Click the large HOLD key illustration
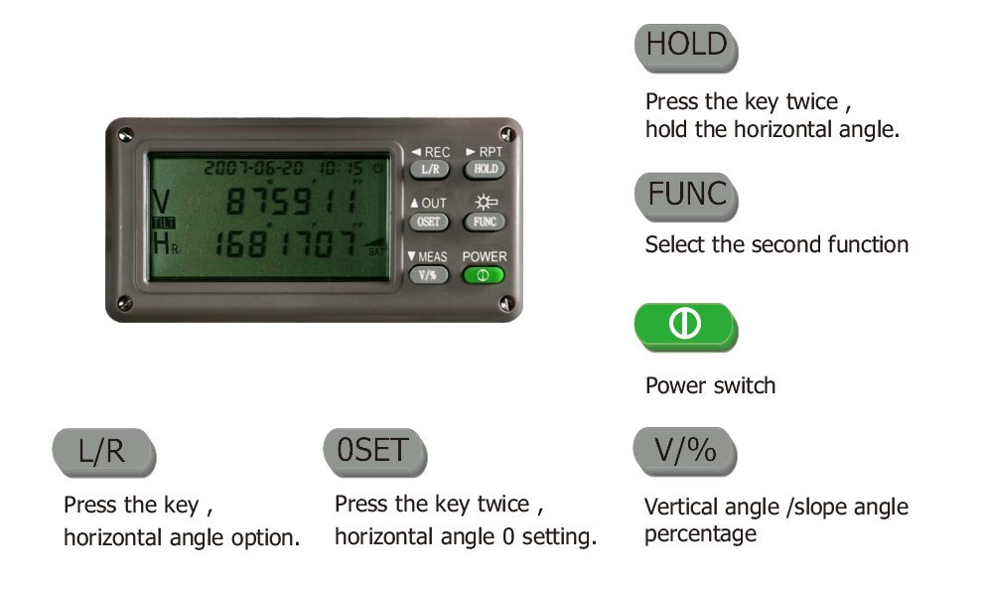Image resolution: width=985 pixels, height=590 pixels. coord(686,48)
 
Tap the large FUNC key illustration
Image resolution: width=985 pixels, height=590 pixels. coord(686,197)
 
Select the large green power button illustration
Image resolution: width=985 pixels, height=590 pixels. coord(686,327)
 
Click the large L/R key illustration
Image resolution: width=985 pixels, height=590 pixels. coord(103,452)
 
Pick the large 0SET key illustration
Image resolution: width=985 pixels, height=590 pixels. coord(375,452)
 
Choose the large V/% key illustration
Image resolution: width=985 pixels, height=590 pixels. coord(685,452)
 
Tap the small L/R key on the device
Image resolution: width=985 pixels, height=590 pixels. coord(430,170)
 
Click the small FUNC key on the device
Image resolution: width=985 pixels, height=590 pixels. coord(485,222)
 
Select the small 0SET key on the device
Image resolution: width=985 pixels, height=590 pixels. coord(430,222)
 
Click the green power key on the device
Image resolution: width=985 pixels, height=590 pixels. coord(484,276)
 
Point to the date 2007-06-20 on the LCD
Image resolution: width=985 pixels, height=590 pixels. coord(254,168)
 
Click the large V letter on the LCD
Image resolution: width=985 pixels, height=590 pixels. coord(162,202)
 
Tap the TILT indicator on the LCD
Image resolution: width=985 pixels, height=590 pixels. coord(164,223)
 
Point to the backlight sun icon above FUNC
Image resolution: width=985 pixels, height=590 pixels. coord(486,203)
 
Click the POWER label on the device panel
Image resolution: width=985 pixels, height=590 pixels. coord(485,257)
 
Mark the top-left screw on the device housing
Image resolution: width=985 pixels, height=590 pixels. coord(126,134)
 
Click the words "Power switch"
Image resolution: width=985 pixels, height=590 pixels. coord(711,385)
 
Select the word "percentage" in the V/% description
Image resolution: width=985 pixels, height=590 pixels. coord(700,534)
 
